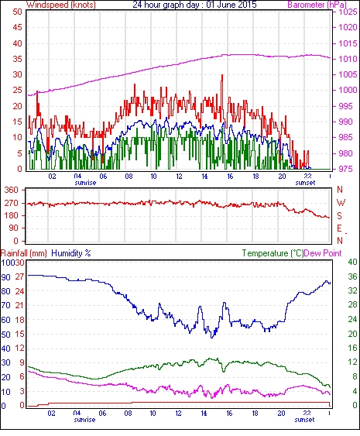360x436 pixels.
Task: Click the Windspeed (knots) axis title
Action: (x=61, y=5)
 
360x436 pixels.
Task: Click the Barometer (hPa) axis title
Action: (x=317, y=5)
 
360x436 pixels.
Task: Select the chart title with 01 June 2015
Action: (x=194, y=5)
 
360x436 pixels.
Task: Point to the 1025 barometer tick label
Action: (x=348, y=12)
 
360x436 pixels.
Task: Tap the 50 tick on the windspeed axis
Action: (x=17, y=12)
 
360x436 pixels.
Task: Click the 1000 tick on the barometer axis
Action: (x=348, y=90)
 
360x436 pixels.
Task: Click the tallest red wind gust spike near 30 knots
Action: (x=222, y=75)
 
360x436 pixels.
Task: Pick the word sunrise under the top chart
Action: (x=85, y=183)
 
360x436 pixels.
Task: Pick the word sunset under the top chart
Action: (x=305, y=183)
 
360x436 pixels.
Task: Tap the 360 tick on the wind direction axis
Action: (x=12, y=191)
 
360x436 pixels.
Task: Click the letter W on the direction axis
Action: (x=341, y=202)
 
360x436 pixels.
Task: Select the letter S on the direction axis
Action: (x=339, y=216)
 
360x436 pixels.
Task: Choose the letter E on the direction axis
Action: (x=339, y=228)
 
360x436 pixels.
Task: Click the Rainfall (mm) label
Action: (x=24, y=253)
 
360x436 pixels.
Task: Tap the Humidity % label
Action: (x=71, y=253)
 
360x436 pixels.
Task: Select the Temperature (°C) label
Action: (x=273, y=253)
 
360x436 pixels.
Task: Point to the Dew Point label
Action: (x=323, y=253)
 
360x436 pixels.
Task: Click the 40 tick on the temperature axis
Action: (x=352, y=262)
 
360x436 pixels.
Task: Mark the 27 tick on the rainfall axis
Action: (x=19, y=276)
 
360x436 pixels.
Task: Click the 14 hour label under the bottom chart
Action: (x=204, y=414)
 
